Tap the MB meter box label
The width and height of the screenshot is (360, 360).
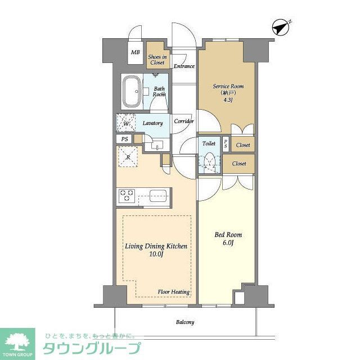(x=135, y=52)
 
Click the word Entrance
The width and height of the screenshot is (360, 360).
(x=183, y=66)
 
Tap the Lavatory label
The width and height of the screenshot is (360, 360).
(x=152, y=123)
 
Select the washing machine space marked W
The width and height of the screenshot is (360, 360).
(x=125, y=123)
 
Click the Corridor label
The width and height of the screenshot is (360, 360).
(x=184, y=121)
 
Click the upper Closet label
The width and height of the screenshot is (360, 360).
(x=243, y=145)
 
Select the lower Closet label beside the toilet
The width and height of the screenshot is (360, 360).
(x=239, y=164)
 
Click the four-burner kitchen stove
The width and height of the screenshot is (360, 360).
(x=127, y=196)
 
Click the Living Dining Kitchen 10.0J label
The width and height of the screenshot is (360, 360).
(x=155, y=250)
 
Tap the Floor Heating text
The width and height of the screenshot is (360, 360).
(x=173, y=292)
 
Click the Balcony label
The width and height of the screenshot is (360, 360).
(x=184, y=322)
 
